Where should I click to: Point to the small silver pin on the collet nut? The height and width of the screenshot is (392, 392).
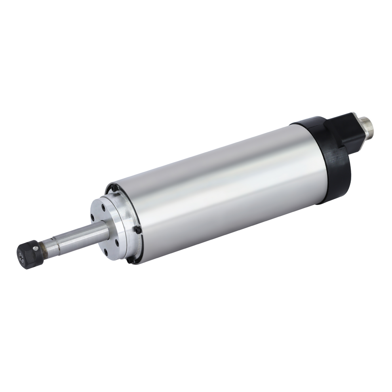[x=36, y=249]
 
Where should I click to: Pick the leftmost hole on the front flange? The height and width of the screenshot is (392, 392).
[x=93, y=217]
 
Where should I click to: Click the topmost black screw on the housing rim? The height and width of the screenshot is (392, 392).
[x=113, y=189]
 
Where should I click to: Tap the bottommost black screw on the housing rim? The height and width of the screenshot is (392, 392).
[x=128, y=260]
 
